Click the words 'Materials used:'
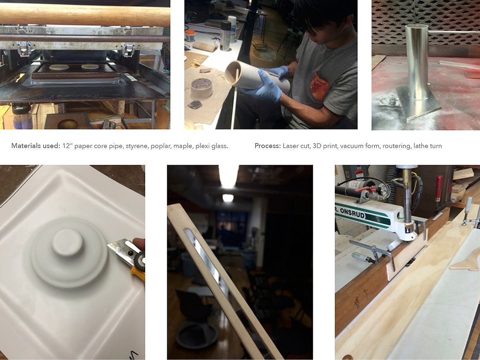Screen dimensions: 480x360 [36, 146]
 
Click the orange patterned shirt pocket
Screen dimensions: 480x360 [319, 86]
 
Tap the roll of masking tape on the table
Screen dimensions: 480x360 [202, 88]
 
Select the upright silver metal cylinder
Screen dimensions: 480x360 [416, 63]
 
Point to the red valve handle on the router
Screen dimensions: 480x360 [366, 189]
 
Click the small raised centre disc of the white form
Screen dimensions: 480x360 [68, 242]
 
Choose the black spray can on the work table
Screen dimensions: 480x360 [226, 36]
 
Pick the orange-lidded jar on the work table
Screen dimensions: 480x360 [190, 36]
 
